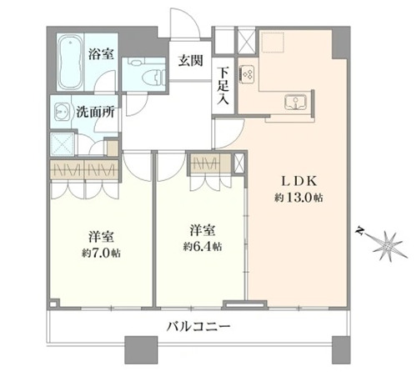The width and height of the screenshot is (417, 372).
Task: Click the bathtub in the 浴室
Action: [71, 61]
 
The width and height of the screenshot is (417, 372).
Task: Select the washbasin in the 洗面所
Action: [60, 112]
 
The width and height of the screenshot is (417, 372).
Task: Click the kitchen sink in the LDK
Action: [296, 102]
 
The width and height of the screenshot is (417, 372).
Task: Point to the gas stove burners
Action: [247, 73]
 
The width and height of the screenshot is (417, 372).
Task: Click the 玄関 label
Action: [190, 60]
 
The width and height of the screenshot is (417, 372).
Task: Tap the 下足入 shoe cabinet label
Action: [223, 86]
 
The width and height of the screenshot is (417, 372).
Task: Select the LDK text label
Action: [299, 181]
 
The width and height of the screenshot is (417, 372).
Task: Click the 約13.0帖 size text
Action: [299, 198]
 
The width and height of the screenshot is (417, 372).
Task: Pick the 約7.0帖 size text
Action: [101, 254]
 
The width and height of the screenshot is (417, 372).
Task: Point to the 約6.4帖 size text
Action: [203, 246]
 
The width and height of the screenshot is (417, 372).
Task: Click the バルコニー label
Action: [198, 326]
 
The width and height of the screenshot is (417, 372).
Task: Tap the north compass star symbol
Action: [387, 245]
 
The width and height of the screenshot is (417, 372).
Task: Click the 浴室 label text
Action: [101, 53]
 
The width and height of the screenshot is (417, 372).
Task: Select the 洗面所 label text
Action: [95, 112]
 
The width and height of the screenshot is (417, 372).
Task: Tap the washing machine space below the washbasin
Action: [63, 144]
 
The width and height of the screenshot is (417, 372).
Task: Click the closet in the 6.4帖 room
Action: [210, 163]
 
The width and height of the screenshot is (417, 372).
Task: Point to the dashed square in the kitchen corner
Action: [272, 43]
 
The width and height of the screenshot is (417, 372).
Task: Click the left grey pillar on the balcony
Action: [141, 349]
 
